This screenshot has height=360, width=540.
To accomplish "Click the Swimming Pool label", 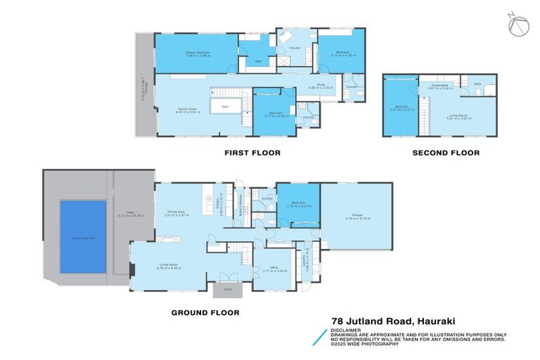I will [x=82, y=238].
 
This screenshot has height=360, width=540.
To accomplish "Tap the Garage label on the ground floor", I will [x=357, y=216].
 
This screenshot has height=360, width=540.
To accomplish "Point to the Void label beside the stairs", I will [x=225, y=107].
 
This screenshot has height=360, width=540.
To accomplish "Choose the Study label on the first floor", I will [x=318, y=86].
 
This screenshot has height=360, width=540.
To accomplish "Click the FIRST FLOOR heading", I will [x=252, y=153].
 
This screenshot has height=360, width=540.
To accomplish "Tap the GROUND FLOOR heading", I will [x=205, y=313].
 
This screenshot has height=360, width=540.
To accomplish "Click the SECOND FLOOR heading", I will [x=445, y=153].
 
